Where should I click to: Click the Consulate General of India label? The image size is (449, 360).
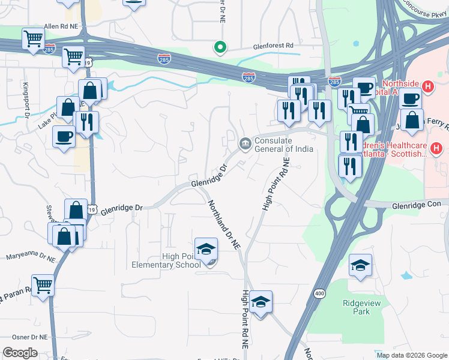pos(283,145)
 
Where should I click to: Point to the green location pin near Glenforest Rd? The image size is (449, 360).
pos(220,46)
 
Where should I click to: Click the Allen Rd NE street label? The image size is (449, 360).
pos(62,27)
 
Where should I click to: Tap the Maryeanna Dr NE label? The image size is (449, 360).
pos(30,256)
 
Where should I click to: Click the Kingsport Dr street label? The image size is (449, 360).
pos(26,100)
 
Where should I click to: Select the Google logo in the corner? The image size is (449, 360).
pos(20,353)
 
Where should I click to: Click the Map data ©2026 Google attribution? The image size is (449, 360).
pos(411,355)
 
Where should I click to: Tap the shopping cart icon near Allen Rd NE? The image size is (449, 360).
pos(33,38)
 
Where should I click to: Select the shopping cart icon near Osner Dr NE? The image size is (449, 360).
pos(43,285)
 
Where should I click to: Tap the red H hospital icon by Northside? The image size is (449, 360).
pos(427,86)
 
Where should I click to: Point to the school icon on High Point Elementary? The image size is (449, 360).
pos(206,248)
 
